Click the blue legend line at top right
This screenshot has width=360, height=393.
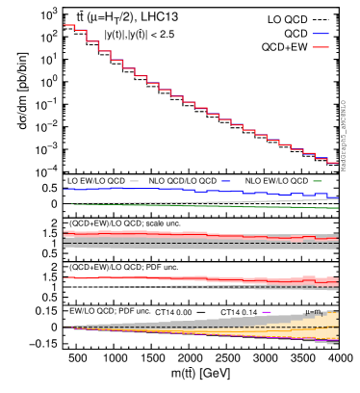tap(320, 34)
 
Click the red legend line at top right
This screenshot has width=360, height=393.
tap(320, 47)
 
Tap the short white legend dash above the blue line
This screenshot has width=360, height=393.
tap(134, 181)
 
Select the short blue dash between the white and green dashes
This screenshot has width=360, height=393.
tap(225, 181)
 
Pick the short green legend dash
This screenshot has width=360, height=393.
tap(317, 181)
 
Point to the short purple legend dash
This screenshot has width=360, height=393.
tap(267, 312)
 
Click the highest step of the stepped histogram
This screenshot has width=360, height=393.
tap(68, 25)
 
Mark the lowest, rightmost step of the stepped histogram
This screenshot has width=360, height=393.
tap(332, 163)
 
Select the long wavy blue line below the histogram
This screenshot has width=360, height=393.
tap(193, 191)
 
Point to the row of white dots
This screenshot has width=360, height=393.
tap(116, 286)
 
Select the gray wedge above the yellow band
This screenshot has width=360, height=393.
tap(241, 319)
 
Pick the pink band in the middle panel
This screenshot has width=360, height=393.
tap(144, 234)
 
